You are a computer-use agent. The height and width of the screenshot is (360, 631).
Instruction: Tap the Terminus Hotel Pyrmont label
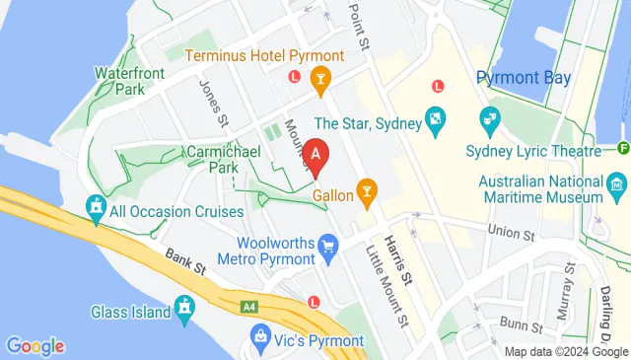(264, 56)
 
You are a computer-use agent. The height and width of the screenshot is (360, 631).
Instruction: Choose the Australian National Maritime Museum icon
(617, 183)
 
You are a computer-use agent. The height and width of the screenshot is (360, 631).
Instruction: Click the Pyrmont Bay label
(520, 78)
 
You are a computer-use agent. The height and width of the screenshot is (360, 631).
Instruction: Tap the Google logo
(35, 345)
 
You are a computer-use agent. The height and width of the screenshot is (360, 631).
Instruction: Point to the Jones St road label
(215, 102)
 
